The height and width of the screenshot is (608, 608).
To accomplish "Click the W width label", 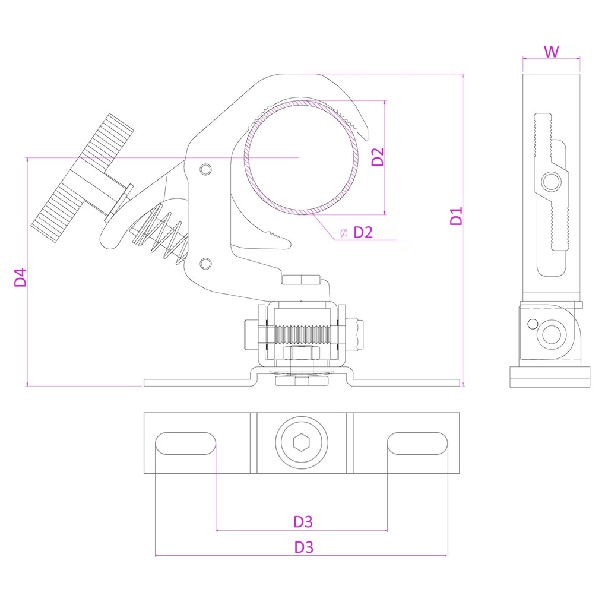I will (552, 52).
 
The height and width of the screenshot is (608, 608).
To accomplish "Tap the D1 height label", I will (456, 216).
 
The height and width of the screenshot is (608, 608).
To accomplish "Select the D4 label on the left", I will (21, 277).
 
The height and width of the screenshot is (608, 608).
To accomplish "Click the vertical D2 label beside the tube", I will (378, 157).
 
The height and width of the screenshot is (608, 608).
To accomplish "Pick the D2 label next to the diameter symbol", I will (363, 232).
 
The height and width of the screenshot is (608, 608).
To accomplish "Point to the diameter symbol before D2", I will (344, 232).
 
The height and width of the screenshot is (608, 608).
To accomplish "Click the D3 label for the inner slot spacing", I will (303, 522).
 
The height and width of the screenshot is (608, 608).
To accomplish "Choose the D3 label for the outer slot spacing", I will (303, 547).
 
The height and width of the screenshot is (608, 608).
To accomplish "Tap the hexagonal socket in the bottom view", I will (302, 443).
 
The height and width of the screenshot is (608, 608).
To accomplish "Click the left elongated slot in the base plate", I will (185, 444).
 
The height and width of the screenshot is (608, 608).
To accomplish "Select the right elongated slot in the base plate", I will (417, 444).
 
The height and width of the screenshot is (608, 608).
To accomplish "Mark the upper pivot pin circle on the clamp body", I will (205, 169).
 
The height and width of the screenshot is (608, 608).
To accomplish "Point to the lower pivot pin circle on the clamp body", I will (205, 263).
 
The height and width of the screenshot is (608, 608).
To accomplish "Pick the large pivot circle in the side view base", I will (552, 334).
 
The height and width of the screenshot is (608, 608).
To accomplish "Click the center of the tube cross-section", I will (303, 157).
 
